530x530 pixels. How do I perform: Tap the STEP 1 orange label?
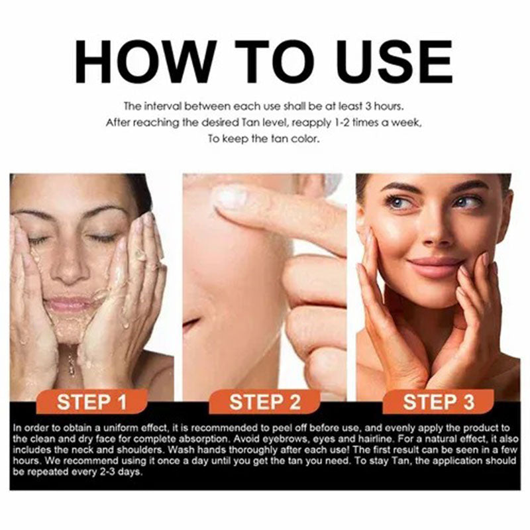pos(91,402)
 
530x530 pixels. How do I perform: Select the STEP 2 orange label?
pos(265,402)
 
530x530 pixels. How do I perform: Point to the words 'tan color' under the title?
pos(296,138)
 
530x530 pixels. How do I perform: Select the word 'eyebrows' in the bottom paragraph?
pos(265,438)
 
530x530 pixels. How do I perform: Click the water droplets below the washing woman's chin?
pos(71,361)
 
